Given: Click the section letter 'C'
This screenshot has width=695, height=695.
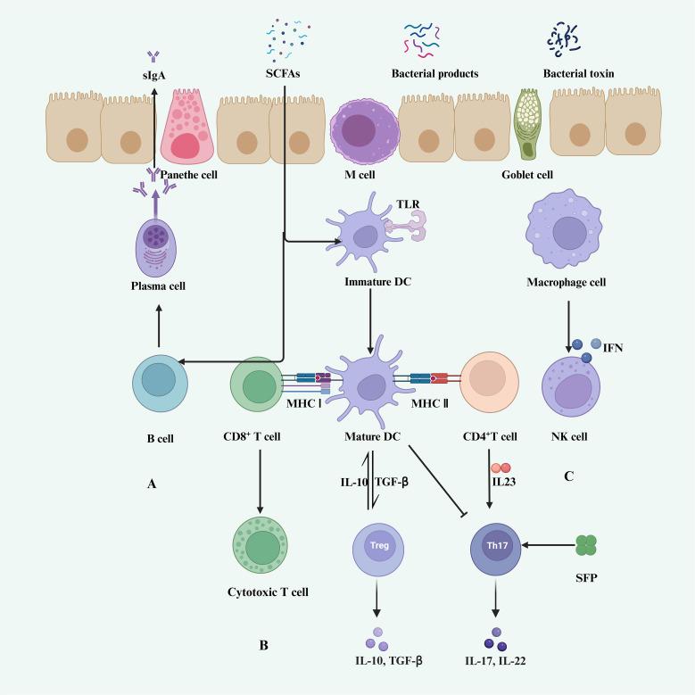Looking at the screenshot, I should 568,476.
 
